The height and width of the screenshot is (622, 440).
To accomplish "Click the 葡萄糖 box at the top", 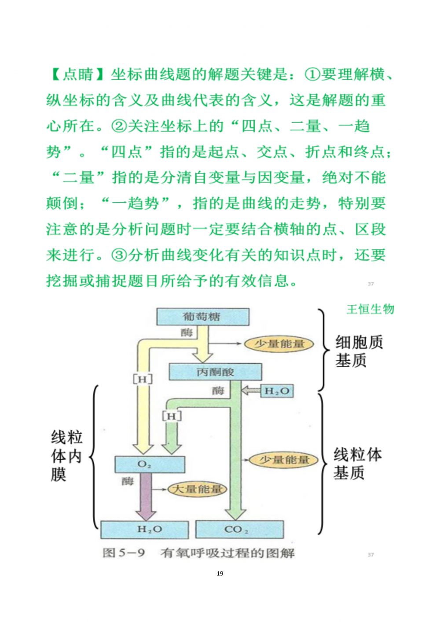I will coord(202,317).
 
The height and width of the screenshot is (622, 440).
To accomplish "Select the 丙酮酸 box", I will coord(215,372).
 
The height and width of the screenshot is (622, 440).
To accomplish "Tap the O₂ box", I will coord(149,465).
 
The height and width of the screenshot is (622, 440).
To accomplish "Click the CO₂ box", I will coord(239,530).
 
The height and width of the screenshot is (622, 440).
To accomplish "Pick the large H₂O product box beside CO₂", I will coord(145,530).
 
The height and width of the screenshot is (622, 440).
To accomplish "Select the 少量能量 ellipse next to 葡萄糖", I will coord(279,344).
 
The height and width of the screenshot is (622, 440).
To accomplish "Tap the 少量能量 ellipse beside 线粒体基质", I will coord(284,460).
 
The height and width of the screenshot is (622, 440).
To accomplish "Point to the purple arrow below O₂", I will coord(146,497).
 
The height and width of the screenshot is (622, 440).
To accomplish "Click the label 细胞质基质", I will coord(359,351).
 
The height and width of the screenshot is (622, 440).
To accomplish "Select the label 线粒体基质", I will coord(357,464).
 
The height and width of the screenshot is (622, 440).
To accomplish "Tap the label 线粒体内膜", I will coord(66,456).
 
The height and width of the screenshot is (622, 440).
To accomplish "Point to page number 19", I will coord(220,574).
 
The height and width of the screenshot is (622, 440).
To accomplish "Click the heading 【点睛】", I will coord(77,74).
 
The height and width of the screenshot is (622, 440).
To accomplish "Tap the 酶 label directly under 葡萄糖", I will coord(187,333).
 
